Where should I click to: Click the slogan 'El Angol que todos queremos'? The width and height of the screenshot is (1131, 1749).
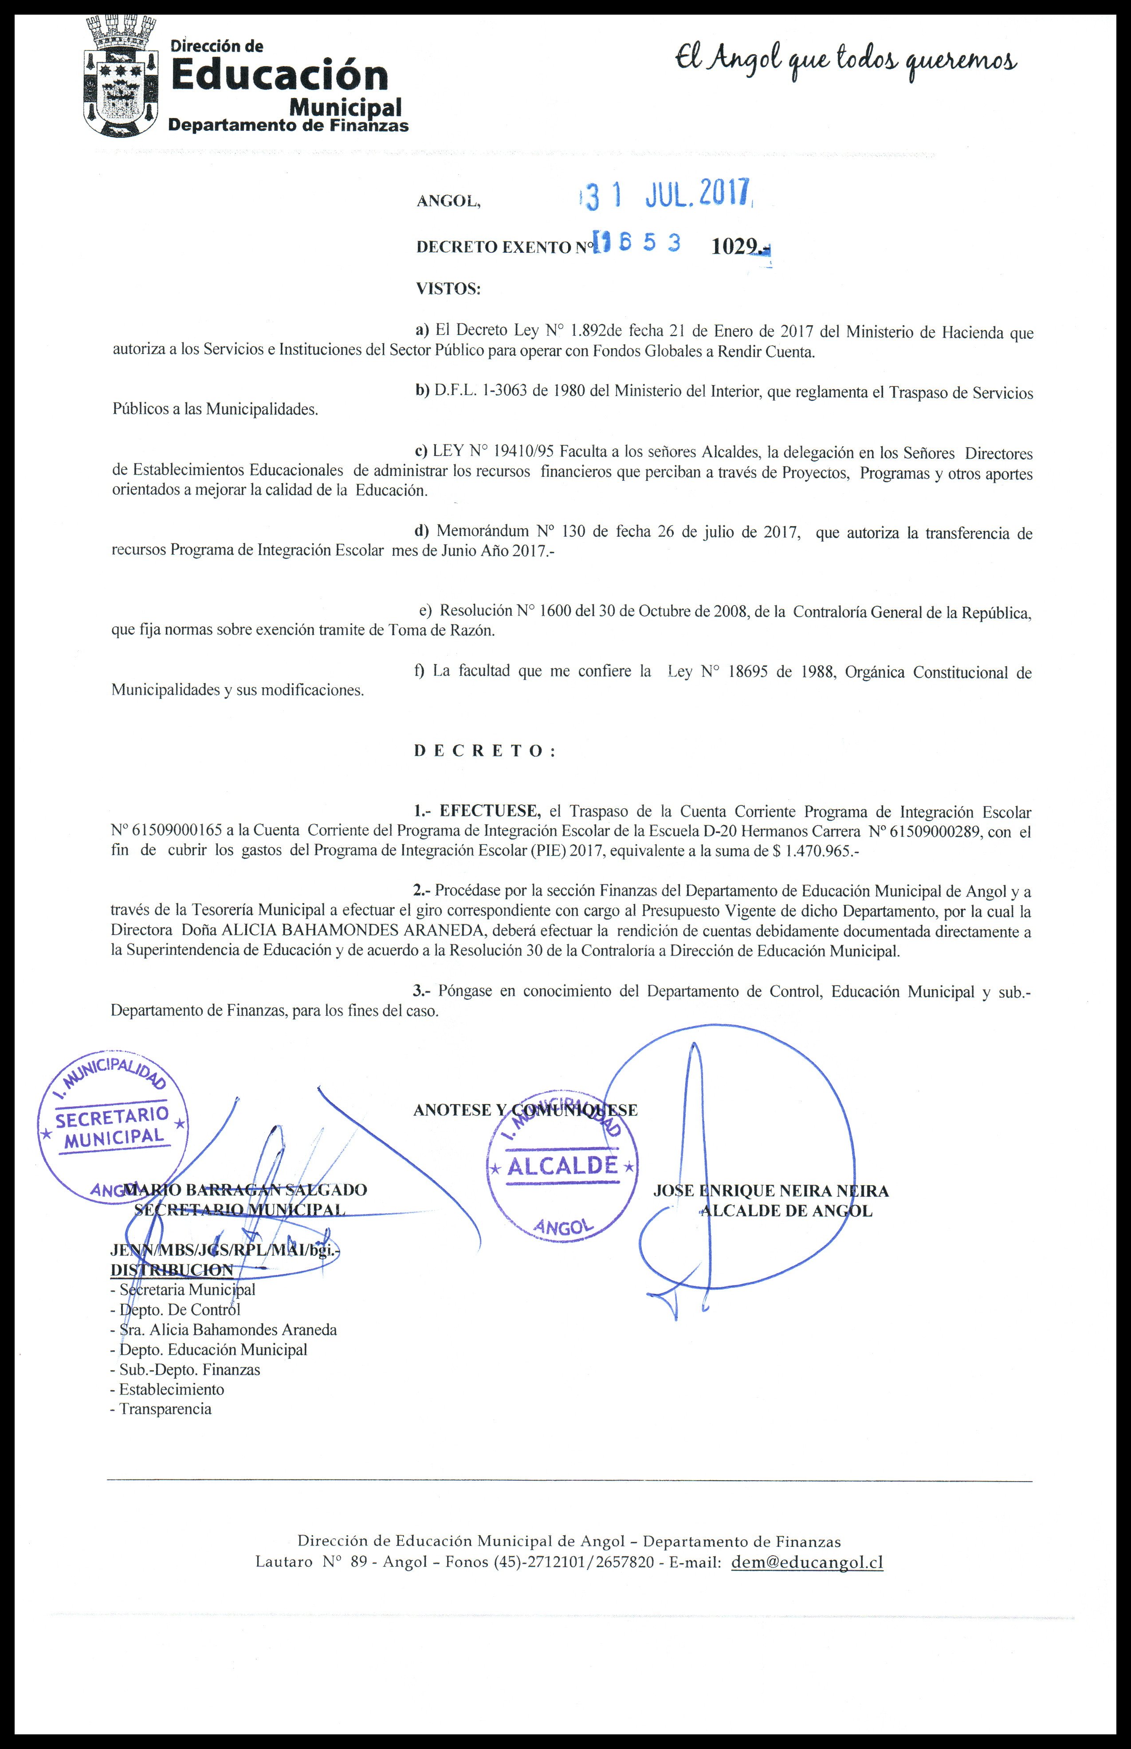pyautogui.click(x=846, y=62)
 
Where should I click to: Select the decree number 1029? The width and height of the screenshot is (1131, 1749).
pyautogui.click(x=734, y=247)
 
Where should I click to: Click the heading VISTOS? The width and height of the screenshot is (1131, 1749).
pyautogui.click(x=448, y=289)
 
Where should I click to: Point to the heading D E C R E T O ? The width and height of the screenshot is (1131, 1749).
pyautogui.click(x=485, y=751)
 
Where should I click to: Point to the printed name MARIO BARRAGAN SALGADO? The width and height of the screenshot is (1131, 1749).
pyautogui.click(x=246, y=1190)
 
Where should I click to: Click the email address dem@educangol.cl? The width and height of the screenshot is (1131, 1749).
pyautogui.click(x=807, y=1562)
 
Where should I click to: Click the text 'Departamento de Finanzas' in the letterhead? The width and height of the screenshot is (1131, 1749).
pyautogui.click(x=288, y=126)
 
